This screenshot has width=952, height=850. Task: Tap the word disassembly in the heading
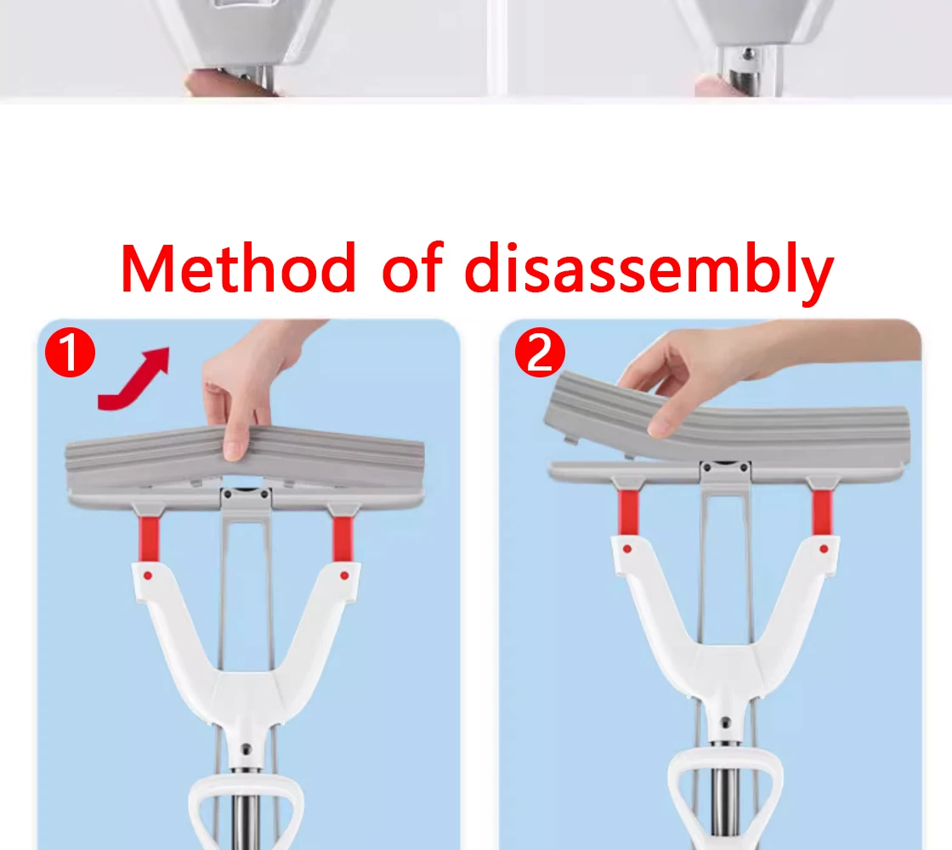[649, 271]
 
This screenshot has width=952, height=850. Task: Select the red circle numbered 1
[71, 352]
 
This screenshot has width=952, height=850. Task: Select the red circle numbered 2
[540, 352]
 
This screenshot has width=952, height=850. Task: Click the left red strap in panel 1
[149, 539]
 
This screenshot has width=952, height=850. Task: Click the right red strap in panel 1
[343, 539]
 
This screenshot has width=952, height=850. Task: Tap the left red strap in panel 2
[628, 513]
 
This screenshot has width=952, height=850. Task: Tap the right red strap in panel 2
[822, 513]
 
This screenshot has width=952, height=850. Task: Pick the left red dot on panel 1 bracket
[148, 575]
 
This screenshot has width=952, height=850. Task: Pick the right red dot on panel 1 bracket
[344, 575]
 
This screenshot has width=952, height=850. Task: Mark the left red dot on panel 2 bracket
[627, 549]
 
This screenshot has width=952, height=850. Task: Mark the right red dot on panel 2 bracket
[824, 549]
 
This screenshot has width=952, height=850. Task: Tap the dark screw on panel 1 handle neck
[246, 749]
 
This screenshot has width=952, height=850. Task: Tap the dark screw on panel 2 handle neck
[726, 722]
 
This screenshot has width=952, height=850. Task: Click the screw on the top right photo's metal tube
[749, 54]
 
